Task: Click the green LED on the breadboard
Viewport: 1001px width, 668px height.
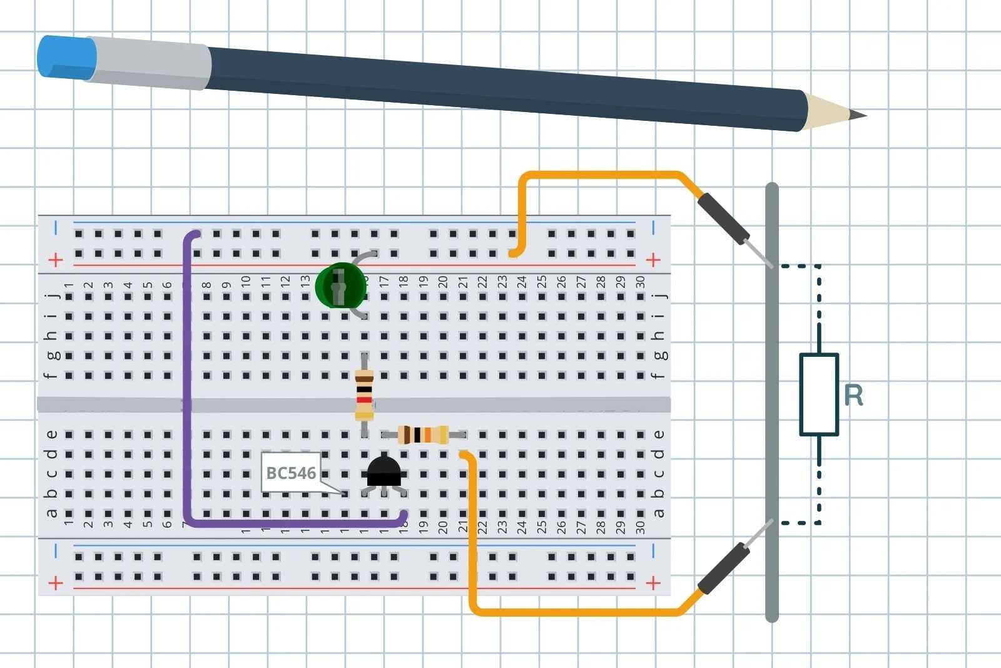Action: click(x=340, y=285)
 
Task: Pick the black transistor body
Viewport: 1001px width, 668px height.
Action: click(x=383, y=471)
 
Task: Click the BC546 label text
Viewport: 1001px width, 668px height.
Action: click(x=291, y=473)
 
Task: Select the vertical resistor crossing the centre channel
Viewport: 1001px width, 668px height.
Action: click(x=364, y=394)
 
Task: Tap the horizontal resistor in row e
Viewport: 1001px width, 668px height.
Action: click(x=424, y=434)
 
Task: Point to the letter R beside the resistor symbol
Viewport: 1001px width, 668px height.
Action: click(x=853, y=395)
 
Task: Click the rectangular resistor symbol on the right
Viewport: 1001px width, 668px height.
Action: click(x=819, y=394)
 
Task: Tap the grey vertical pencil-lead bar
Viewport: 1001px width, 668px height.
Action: click(x=773, y=401)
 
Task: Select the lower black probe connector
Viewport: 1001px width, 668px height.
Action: click(x=723, y=569)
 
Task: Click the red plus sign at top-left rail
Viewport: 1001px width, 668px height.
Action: click(x=56, y=259)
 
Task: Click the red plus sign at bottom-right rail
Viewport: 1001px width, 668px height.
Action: click(x=653, y=583)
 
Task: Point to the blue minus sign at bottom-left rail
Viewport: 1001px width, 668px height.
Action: click(x=56, y=551)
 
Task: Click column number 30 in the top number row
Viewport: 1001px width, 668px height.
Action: click(x=640, y=282)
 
